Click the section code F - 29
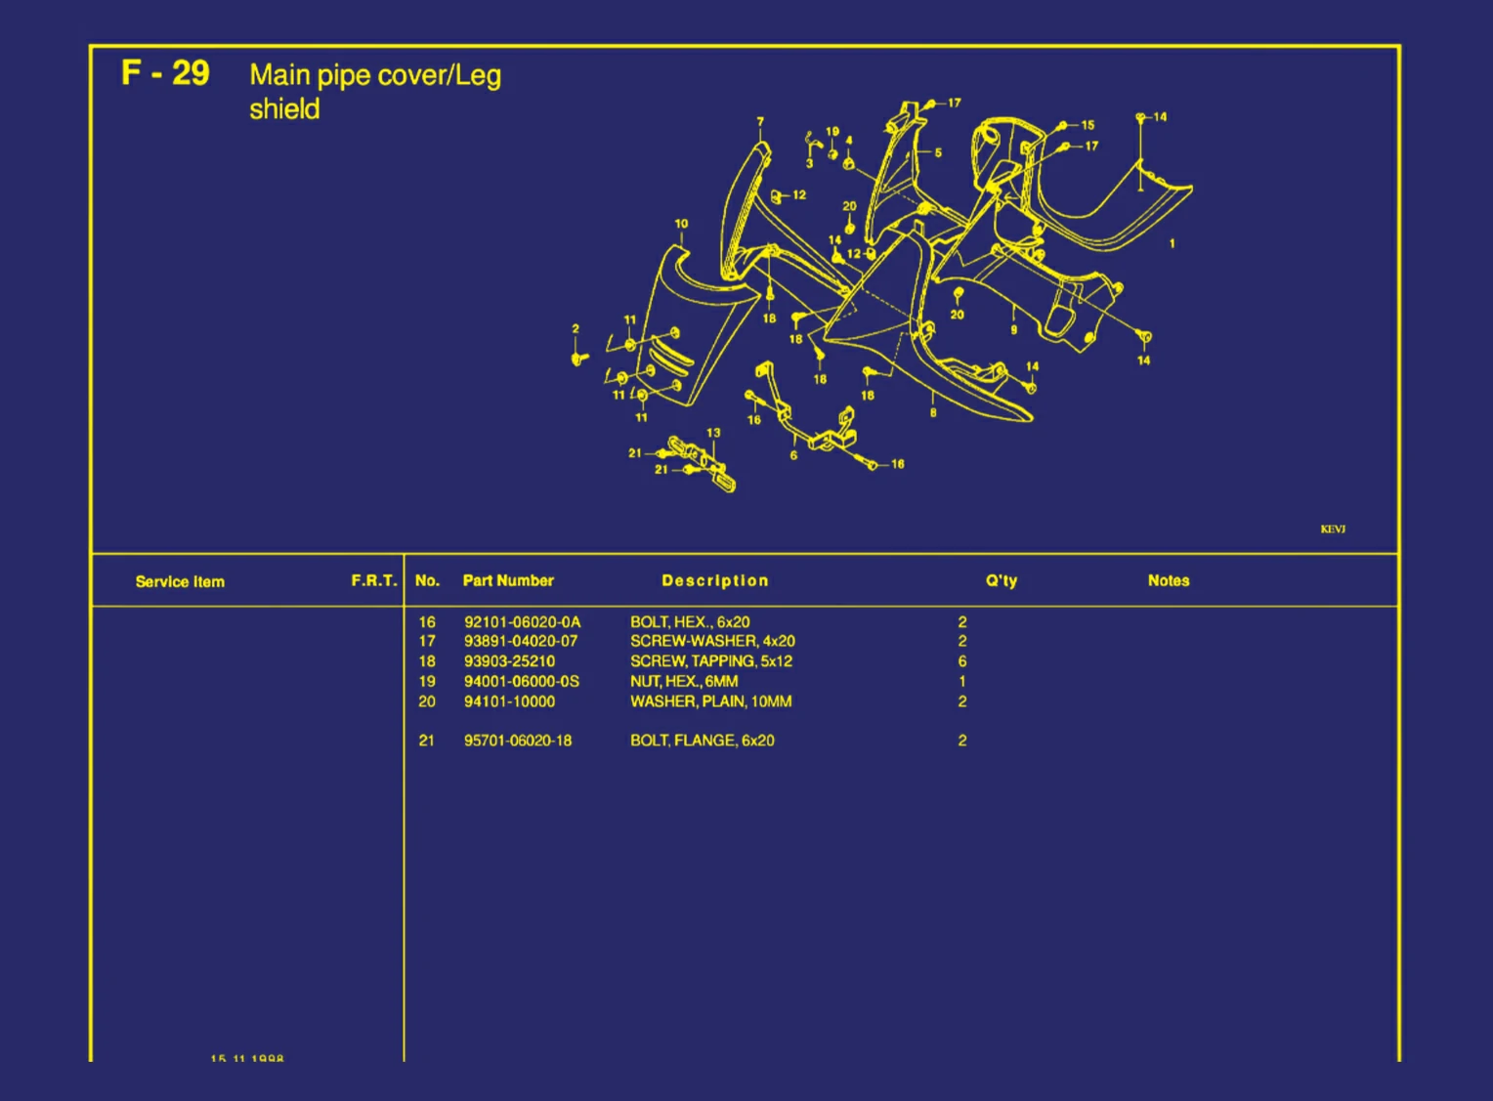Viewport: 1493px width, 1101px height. (x=165, y=73)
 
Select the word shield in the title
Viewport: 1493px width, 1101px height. (x=284, y=109)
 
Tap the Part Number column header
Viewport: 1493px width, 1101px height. (x=508, y=580)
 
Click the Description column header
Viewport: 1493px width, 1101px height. (x=714, y=580)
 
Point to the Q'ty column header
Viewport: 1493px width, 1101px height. (x=1001, y=580)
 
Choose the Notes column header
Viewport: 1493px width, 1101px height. (x=1168, y=580)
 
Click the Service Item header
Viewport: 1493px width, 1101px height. (x=180, y=581)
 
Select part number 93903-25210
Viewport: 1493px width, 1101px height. (x=509, y=661)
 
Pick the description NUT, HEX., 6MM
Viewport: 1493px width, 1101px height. (x=684, y=681)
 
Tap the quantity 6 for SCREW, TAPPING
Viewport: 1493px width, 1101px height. (x=962, y=661)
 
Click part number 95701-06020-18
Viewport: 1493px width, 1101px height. (x=518, y=741)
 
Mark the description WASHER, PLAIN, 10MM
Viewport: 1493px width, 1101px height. (x=710, y=701)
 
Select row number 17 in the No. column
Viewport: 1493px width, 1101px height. (x=427, y=641)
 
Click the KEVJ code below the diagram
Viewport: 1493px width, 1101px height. (x=1333, y=529)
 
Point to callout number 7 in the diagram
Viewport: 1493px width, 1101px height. (x=760, y=122)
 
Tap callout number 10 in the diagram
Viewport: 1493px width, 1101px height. (x=681, y=224)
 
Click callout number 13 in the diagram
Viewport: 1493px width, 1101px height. (x=713, y=433)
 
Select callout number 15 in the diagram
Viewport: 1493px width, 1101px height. (x=1088, y=125)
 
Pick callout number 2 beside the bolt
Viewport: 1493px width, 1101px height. (x=576, y=329)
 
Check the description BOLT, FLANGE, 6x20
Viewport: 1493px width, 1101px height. (x=702, y=741)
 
